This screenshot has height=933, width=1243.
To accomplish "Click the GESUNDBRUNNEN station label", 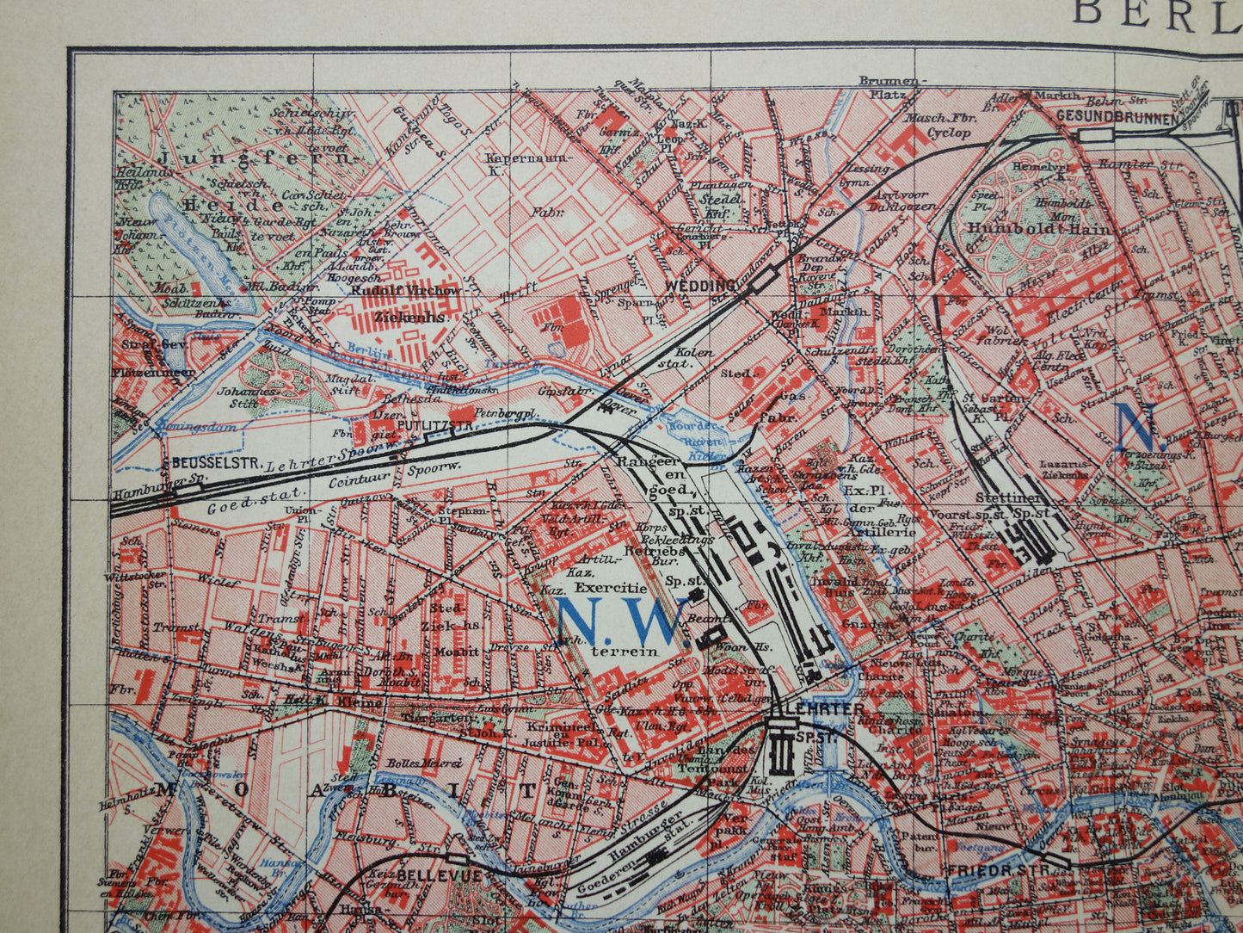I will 1116,118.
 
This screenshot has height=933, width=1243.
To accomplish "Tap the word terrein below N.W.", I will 624,652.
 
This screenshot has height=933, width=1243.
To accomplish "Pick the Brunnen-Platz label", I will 889,86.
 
